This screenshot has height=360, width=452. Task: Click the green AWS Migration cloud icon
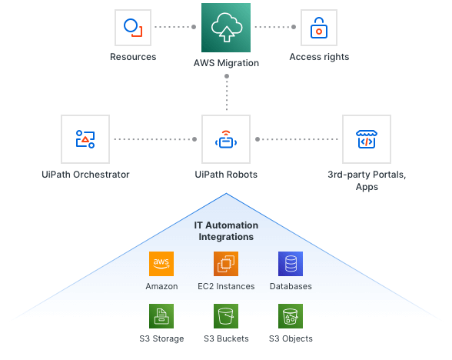(226, 28)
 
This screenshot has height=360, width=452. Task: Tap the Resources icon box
(133, 28)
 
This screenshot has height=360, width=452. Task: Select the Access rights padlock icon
(319, 28)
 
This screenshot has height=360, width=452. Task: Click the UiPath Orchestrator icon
(85, 139)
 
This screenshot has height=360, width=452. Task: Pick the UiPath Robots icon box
(226, 139)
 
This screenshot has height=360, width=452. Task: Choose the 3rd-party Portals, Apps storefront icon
(367, 139)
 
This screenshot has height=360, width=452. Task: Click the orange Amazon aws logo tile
(161, 264)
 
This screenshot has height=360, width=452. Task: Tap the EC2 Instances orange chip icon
(226, 264)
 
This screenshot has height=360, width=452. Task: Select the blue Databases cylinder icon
(291, 264)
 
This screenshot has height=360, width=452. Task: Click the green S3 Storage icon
(161, 316)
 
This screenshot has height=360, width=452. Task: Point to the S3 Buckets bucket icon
(226, 316)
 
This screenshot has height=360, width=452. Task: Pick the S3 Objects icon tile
(291, 316)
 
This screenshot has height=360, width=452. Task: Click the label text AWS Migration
(226, 63)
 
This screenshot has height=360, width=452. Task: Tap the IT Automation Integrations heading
(226, 231)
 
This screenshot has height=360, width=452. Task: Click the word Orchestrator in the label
(101, 175)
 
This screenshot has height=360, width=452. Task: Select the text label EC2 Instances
(226, 286)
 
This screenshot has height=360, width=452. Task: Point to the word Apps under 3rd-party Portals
(367, 187)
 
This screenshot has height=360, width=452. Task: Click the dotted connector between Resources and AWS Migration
(175, 27)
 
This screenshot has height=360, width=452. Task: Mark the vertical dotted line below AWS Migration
(227, 92)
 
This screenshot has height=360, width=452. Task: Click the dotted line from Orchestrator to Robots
(155, 139)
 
